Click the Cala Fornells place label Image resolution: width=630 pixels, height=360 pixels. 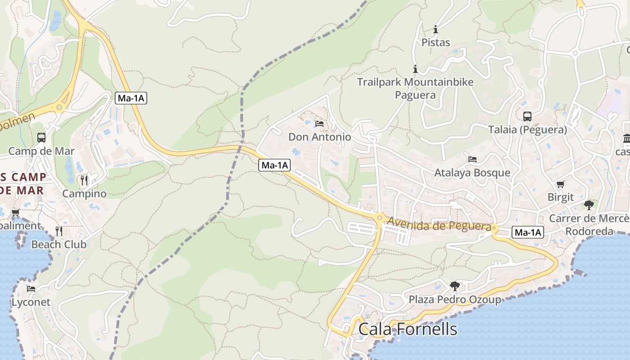click(408, 329)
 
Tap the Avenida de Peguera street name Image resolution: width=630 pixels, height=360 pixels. click(439, 224)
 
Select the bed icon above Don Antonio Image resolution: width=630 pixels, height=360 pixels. click(319, 123)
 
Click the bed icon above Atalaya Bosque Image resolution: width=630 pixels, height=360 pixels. click(472, 159)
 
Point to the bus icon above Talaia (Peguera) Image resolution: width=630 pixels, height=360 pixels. click(527, 117)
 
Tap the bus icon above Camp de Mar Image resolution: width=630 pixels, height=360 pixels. click(41, 138)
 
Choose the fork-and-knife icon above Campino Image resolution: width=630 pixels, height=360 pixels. click(84, 180)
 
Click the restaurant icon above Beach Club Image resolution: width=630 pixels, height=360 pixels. click(59, 231)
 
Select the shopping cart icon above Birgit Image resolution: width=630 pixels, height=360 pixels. click(560, 184)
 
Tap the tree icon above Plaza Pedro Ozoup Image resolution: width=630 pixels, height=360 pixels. click(455, 286)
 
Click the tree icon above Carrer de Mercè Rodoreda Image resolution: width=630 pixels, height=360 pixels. click(589, 205)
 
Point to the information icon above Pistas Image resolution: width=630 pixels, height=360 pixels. click(436, 30)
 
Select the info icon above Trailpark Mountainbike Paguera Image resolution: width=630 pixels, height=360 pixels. click(415, 69)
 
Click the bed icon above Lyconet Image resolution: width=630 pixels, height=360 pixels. click(31, 289)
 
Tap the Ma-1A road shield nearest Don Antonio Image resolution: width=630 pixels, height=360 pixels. click(274, 165)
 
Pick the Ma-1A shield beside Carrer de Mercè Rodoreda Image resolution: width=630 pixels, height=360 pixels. click(527, 233)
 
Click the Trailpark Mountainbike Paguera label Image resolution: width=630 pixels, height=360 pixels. click(415, 88)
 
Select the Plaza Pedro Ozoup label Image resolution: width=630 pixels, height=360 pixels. click(454, 300)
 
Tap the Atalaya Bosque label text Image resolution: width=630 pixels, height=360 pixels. click(472, 173)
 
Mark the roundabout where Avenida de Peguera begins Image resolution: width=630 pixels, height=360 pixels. click(380, 218)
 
